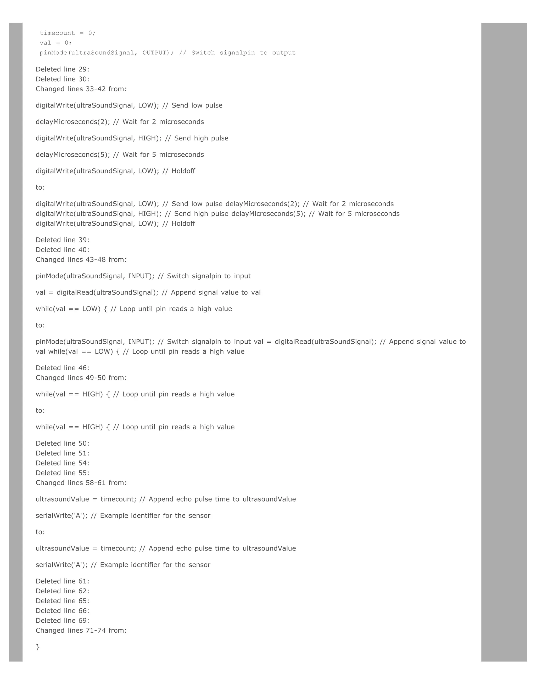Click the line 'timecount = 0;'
click(67, 33)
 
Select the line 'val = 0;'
click(55, 43)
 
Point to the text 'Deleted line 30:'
click(62, 79)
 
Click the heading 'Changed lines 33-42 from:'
click(81, 89)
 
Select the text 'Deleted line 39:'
click(62, 240)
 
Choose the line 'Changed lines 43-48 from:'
click(81, 260)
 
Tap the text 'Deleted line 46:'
click(62, 368)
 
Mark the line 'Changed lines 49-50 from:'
click(81, 378)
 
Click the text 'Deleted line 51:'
click(62, 453)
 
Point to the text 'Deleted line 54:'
click(62, 463)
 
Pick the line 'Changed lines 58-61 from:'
click(81, 483)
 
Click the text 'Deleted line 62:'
click(62, 591)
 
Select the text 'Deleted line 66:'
click(62, 611)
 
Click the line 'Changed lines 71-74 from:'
click(81, 630)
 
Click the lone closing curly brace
click(38, 647)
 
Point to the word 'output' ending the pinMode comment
click(283, 53)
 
